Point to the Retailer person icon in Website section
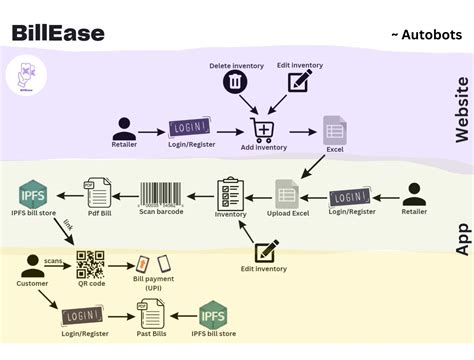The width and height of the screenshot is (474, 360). (124, 128)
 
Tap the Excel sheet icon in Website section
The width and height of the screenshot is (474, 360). (334, 128)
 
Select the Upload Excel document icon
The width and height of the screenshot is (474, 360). (288, 194)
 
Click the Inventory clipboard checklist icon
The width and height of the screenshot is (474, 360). (231, 192)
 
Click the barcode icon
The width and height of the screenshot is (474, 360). (160, 193)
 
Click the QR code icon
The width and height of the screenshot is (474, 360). (91, 264)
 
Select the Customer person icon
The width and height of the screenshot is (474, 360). (32, 266)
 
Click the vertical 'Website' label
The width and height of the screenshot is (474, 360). (461, 110)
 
